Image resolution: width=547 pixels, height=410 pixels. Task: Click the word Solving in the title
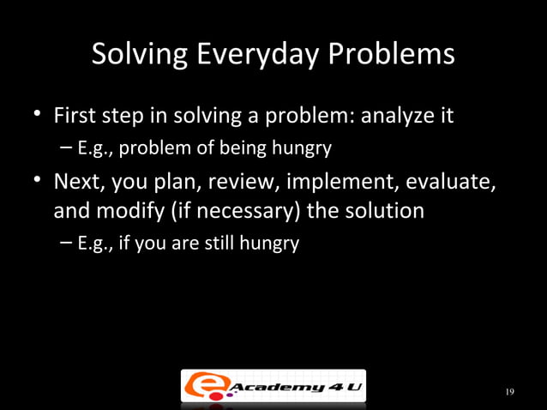click(140, 56)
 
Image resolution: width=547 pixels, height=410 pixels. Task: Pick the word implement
click(334, 183)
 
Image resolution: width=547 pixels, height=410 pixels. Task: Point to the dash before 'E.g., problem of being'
click(67, 148)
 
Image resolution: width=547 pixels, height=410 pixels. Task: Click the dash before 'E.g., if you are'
click(67, 244)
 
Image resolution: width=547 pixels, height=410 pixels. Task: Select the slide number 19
click(509, 392)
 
